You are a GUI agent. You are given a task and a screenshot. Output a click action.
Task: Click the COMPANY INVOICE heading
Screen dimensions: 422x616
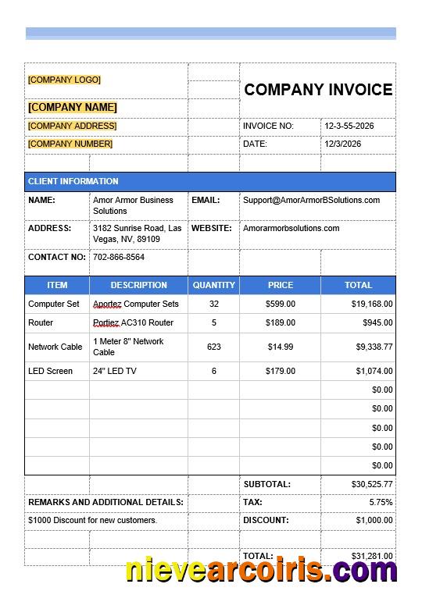[x=318, y=90]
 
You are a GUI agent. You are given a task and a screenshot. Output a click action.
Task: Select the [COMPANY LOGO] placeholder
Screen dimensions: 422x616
[x=64, y=80]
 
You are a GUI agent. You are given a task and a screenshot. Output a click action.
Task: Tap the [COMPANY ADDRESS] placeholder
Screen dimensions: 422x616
[x=72, y=126]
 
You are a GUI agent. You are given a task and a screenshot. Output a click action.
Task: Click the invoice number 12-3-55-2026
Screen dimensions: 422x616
[x=349, y=126]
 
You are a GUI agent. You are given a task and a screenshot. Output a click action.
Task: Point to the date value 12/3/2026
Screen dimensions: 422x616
[x=343, y=144]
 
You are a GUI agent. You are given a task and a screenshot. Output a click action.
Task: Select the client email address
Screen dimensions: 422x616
[x=311, y=200]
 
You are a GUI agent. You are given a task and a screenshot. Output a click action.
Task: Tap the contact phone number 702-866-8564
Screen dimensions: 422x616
[x=119, y=257]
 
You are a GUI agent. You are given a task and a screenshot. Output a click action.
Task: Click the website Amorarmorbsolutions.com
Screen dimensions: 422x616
[x=291, y=228]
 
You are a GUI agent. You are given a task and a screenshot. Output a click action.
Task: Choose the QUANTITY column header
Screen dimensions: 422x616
[x=213, y=285]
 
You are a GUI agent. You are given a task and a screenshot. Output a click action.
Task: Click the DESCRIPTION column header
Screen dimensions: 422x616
[x=138, y=285]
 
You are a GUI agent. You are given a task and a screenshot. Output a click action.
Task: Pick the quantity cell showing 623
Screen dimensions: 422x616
[x=213, y=347]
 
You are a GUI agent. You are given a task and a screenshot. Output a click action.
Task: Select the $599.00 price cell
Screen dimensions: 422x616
[x=281, y=304]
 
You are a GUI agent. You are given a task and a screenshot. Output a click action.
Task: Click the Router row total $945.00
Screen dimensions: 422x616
[x=377, y=322]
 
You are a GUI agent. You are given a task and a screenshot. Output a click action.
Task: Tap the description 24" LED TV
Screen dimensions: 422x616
[x=115, y=371]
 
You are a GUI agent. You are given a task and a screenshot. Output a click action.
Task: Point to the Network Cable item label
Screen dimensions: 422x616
[x=55, y=347]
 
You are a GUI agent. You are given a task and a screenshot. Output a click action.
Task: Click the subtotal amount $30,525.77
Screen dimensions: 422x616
[x=372, y=484]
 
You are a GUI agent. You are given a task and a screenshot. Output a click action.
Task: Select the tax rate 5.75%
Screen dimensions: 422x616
[x=381, y=502]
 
